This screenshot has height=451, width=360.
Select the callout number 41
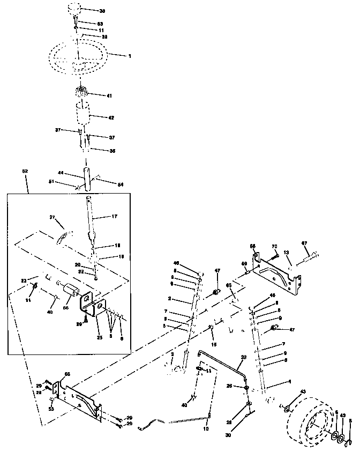[x=109, y=95]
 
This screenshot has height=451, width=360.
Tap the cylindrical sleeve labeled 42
[x=82, y=115]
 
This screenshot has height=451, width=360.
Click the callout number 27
[x=52, y=217]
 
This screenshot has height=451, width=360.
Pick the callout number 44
[x=61, y=173]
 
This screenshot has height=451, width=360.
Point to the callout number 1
[x=129, y=55]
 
